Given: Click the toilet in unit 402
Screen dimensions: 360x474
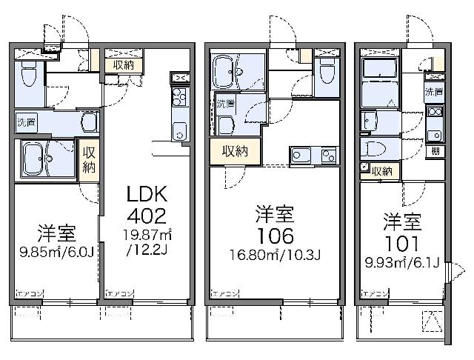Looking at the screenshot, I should [x=28, y=72].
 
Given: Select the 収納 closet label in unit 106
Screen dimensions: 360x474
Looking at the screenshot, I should [x=236, y=151].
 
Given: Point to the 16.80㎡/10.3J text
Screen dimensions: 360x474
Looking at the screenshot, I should [x=275, y=257].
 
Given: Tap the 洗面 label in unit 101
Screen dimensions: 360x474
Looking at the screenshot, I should [x=434, y=92].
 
